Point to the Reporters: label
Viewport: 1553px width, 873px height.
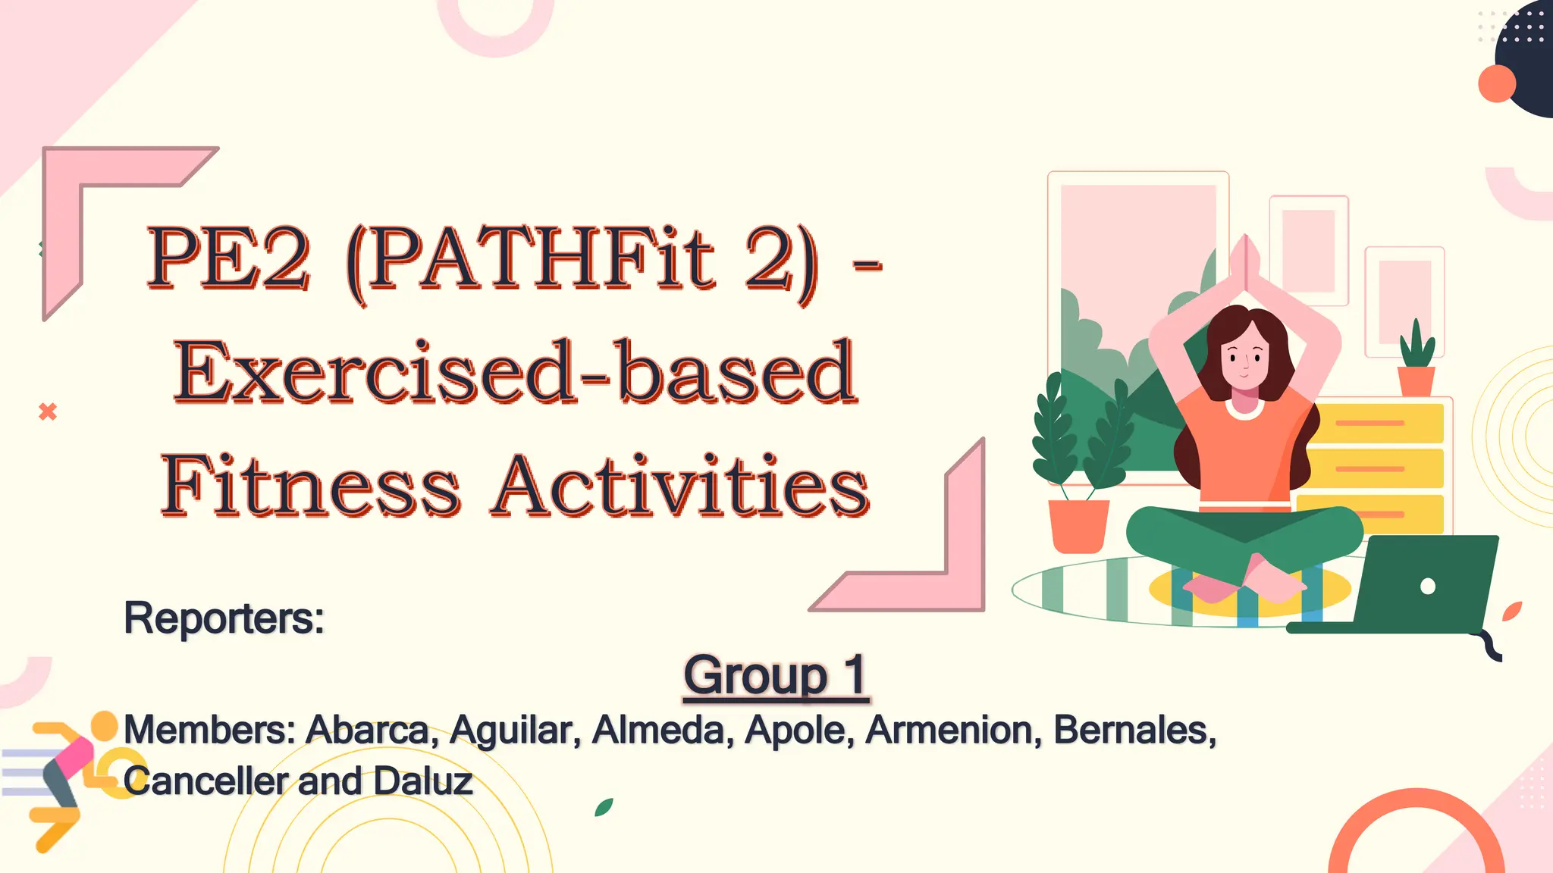tap(224, 618)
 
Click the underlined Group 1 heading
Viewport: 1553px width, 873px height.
tap(775, 674)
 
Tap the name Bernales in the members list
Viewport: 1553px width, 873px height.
tap(1134, 730)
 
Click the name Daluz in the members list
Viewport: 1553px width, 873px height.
tap(423, 781)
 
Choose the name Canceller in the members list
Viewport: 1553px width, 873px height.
tap(205, 781)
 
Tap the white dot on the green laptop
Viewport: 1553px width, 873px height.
tap(1427, 586)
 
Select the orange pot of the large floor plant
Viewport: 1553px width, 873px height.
tap(1078, 525)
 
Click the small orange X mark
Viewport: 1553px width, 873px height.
tap(48, 411)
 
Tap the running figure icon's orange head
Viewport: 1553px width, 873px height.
tap(105, 726)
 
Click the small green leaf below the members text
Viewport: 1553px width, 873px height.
tap(604, 807)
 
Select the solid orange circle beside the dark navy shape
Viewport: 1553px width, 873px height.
tap(1497, 83)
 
